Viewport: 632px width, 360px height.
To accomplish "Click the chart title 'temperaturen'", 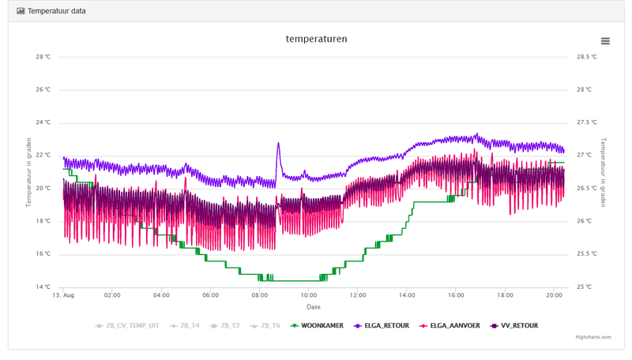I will click(316, 39).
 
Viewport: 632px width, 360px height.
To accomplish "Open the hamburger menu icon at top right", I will click(605, 41).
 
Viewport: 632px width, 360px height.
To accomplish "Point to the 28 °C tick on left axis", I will click(43, 57).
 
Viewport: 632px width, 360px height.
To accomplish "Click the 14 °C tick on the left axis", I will click(43, 287).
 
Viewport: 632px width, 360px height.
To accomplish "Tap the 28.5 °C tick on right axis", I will click(586, 57).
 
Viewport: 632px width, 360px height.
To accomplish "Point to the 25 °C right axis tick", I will click(584, 287).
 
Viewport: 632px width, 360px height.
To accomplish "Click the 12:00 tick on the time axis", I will click(357, 295).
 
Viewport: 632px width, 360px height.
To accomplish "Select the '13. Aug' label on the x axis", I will click(63, 295).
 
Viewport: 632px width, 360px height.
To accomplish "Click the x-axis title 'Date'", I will click(314, 306).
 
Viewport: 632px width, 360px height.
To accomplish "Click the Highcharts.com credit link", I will click(592, 337).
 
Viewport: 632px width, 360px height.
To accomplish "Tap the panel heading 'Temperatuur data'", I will click(57, 11).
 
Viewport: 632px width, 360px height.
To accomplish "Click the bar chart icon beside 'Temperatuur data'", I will click(21, 11).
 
